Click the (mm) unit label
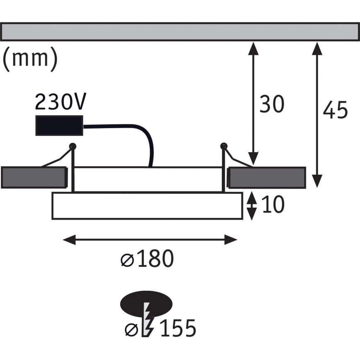[30, 58]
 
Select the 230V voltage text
[61, 101]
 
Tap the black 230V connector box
[59, 125]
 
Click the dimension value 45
[335, 111]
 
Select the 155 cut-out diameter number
[178, 329]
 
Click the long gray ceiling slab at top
[180, 32]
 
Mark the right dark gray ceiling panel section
[267, 178]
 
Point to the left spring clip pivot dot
[73, 146]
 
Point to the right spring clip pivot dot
[224, 146]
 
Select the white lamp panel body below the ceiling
[147, 206]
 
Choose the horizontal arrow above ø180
[149, 239]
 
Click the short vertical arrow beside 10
[252, 206]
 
